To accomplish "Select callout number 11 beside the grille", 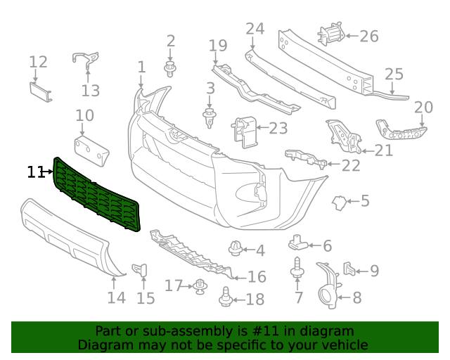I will tap(36, 172).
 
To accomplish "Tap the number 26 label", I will tap(369, 36).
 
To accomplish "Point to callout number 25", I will tap(394, 74).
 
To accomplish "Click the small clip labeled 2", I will tap(170, 68).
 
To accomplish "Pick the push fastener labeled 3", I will tap(210, 117).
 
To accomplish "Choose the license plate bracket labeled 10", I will tap(91, 149).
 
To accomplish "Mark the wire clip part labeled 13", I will tap(85, 61).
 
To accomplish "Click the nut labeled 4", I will tap(236, 248).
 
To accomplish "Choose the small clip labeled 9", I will tap(349, 269).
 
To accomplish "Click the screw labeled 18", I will tap(226, 297).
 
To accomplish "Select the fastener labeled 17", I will tap(201, 286).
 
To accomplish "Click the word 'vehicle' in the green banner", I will tap(343, 345).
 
